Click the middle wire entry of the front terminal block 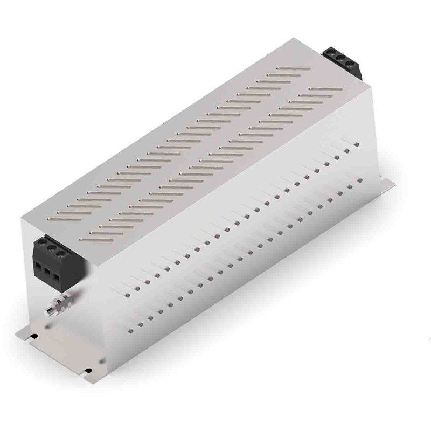click(48, 272)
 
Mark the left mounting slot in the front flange click(34, 337)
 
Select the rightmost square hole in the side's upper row click(357, 144)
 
